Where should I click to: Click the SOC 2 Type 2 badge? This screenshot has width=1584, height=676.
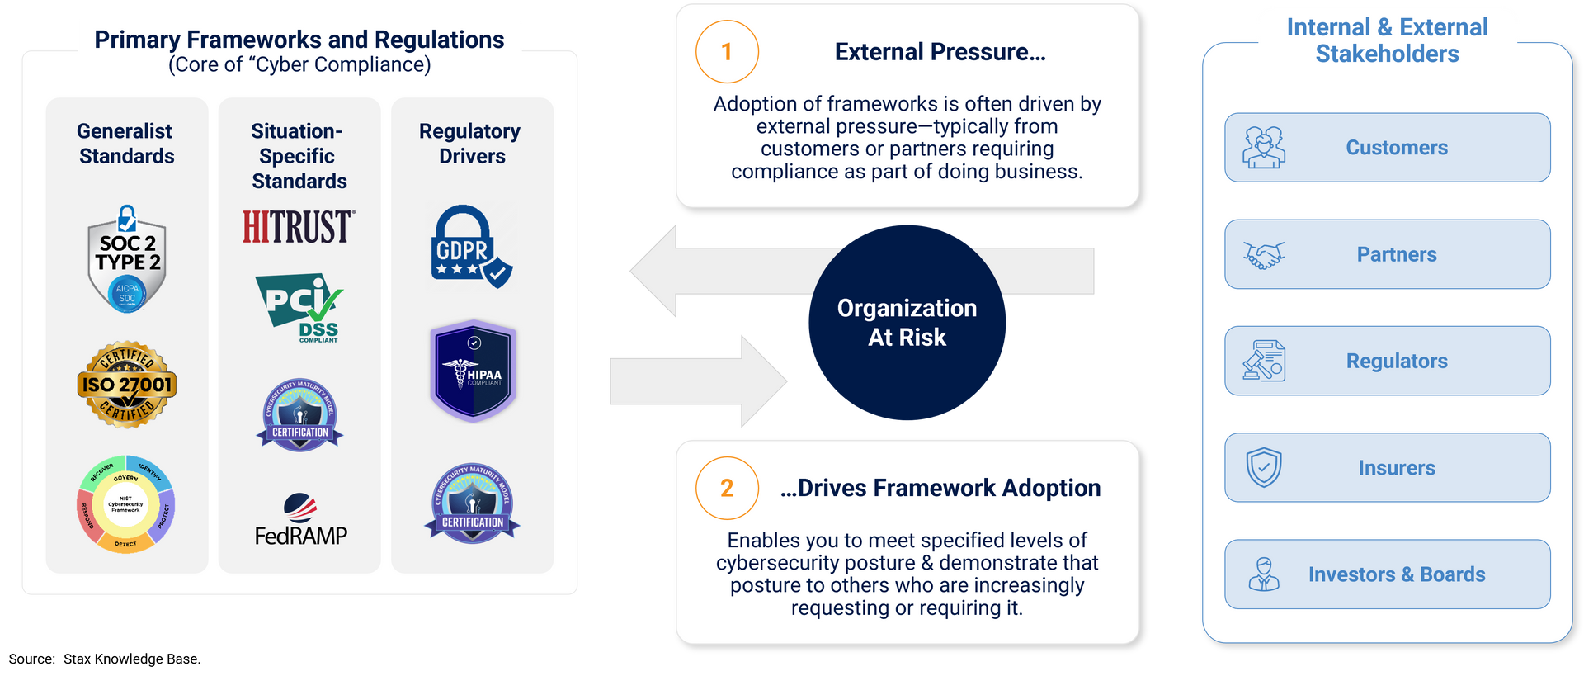point(127,259)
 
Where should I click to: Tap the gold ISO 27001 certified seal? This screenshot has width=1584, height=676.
point(127,385)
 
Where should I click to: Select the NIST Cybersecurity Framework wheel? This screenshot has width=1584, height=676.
point(125,503)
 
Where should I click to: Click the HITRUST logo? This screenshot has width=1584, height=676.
point(298,227)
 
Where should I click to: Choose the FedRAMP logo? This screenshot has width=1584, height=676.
point(300,520)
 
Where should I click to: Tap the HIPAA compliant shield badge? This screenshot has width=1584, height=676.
point(473,371)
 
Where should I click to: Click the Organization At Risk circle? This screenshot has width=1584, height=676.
point(907,323)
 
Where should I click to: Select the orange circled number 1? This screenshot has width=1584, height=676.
point(727,52)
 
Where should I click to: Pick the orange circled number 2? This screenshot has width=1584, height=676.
point(727,488)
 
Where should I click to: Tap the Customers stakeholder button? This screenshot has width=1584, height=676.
point(1387,148)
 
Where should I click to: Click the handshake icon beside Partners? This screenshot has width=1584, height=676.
point(1264,255)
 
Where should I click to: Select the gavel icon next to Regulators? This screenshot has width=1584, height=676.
point(1264,362)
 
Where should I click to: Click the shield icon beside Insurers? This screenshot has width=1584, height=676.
point(1264,468)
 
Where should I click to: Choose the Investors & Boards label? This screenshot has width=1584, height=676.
point(1397,574)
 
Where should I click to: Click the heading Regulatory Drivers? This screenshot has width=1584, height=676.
point(470,144)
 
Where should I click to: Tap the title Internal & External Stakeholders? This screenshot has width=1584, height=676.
point(1387,40)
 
